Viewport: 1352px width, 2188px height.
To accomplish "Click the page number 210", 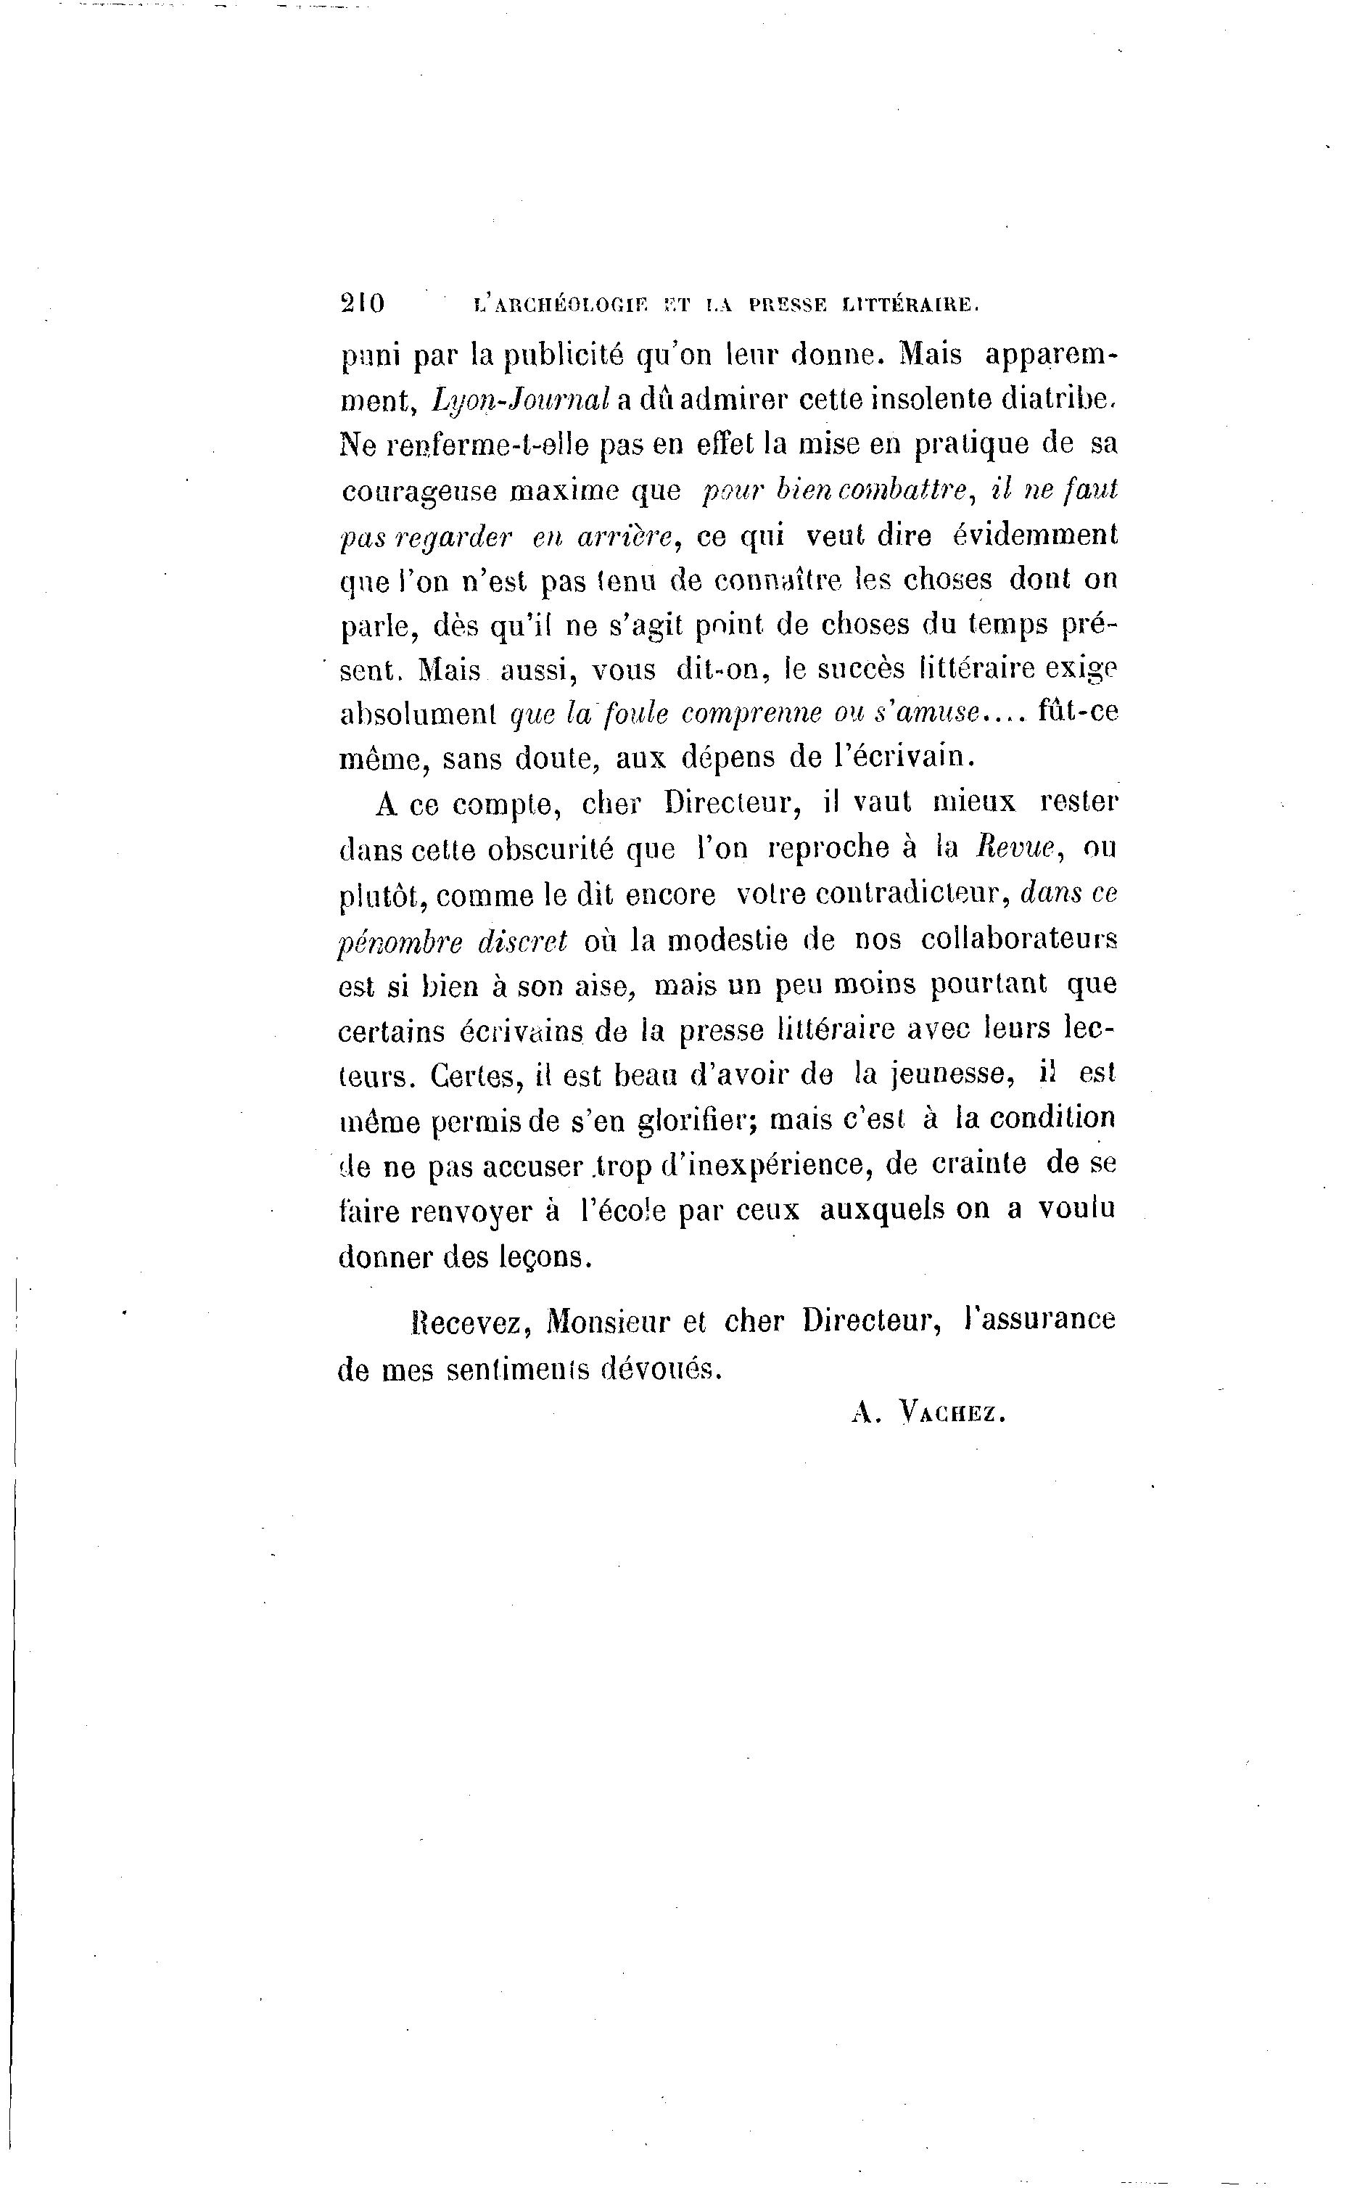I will click(x=362, y=303).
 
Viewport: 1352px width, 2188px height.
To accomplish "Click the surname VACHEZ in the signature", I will click(x=953, y=1412).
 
